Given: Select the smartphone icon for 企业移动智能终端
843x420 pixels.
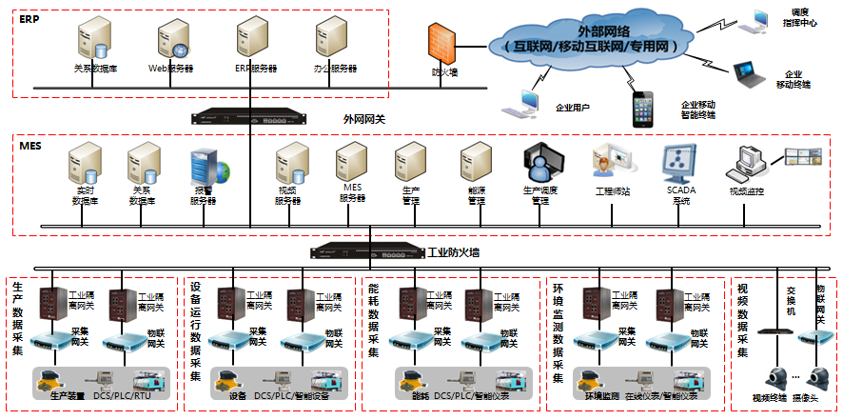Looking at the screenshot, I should (644, 109).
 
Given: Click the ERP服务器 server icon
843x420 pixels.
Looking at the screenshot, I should (251, 42).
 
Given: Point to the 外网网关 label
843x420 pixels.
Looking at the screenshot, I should (363, 119).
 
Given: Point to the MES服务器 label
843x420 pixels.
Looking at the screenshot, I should (353, 193).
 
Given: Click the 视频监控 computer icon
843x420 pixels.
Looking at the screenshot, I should (745, 163).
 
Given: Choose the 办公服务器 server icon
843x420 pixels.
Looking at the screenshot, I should (331, 42).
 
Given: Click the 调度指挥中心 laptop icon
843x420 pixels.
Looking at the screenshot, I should (761, 18).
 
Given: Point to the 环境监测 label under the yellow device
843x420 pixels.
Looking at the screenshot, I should (597, 394).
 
